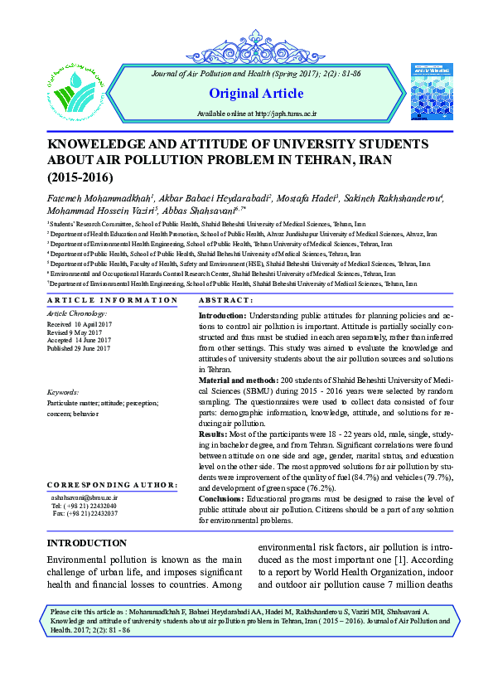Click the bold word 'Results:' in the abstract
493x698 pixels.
[x=214, y=434]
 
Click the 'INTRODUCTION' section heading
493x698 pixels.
[x=86, y=520]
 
